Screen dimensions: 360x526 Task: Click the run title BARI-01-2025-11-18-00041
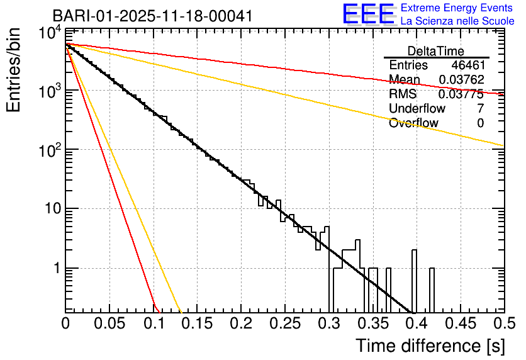pyautogui.click(x=152, y=16)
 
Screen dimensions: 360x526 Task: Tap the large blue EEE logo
pyautogui.click(x=368, y=14)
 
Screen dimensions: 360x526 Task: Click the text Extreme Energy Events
pyautogui.click(x=457, y=8)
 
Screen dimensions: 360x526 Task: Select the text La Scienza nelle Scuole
pyautogui.click(x=457, y=21)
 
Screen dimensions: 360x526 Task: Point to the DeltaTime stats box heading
pyautogui.click(x=436, y=51)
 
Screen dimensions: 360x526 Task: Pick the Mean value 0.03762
pyautogui.click(x=462, y=80)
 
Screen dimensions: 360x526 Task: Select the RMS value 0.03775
pyautogui.click(x=462, y=94)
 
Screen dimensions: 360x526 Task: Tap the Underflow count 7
pyautogui.click(x=481, y=108)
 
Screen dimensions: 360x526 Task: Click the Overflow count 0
pyautogui.click(x=481, y=123)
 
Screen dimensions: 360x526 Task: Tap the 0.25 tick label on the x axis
pyautogui.click(x=284, y=324)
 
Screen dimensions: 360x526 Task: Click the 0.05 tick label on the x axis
pyautogui.click(x=109, y=324)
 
